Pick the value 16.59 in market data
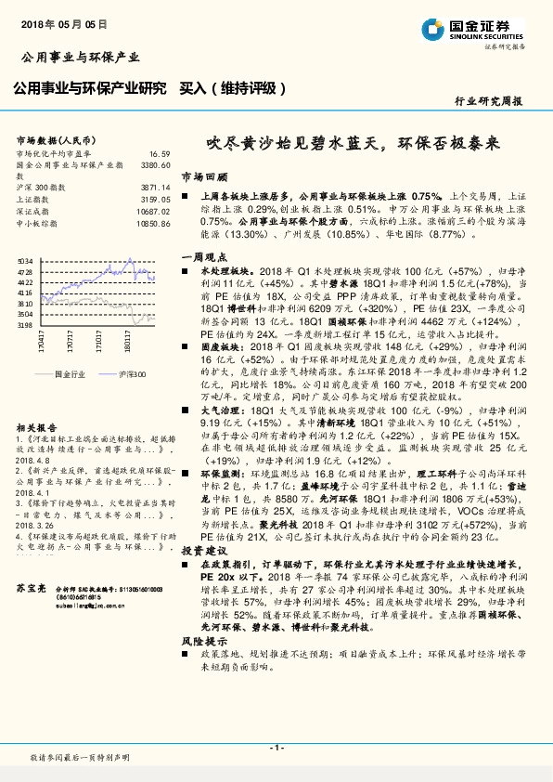tap(160, 153)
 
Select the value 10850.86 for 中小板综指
tap(154, 223)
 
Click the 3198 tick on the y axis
tap(25, 326)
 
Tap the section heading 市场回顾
tap(199, 176)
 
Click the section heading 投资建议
tap(199, 551)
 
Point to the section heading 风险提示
tap(199, 641)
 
